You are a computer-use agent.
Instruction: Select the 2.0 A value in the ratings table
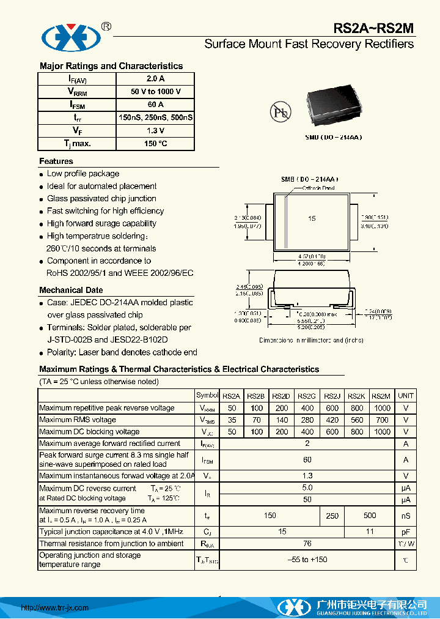click(x=155, y=79)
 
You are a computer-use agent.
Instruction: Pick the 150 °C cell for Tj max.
click(x=155, y=144)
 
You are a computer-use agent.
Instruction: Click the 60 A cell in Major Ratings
click(x=155, y=105)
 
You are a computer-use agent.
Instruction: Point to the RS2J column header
click(x=332, y=396)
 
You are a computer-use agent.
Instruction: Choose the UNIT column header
click(x=406, y=396)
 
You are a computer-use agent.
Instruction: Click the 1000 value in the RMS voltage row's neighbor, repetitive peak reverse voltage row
click(x=382, y=408)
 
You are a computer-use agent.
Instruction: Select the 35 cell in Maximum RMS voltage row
click(x=232, y=420)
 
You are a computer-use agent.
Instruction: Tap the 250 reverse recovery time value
click(x=332, y=516)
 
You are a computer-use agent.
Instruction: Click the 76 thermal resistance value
click(x=307, y=543)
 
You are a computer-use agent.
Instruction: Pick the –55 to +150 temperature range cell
click(x=307, y=560)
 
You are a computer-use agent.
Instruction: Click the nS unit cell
click(x=406, y=516)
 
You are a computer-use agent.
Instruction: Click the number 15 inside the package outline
click(x=312, y=219)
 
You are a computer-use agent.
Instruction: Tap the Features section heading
click(x=56, y=161)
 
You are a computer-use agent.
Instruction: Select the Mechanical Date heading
click(x=71, y=290)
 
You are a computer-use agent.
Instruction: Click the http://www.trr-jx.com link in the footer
click(x=55, y=607)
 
